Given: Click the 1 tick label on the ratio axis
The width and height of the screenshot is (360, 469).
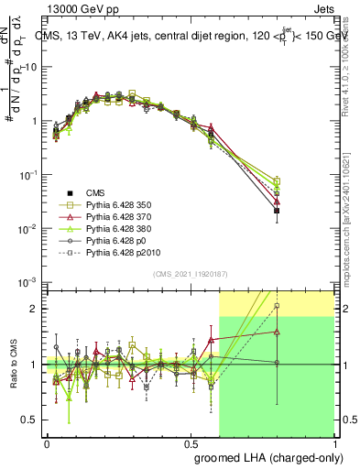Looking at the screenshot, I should coord(34,365).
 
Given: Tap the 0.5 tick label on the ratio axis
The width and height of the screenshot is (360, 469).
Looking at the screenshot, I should coord(30,420).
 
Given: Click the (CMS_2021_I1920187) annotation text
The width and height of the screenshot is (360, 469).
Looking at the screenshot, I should coord(189,275).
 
